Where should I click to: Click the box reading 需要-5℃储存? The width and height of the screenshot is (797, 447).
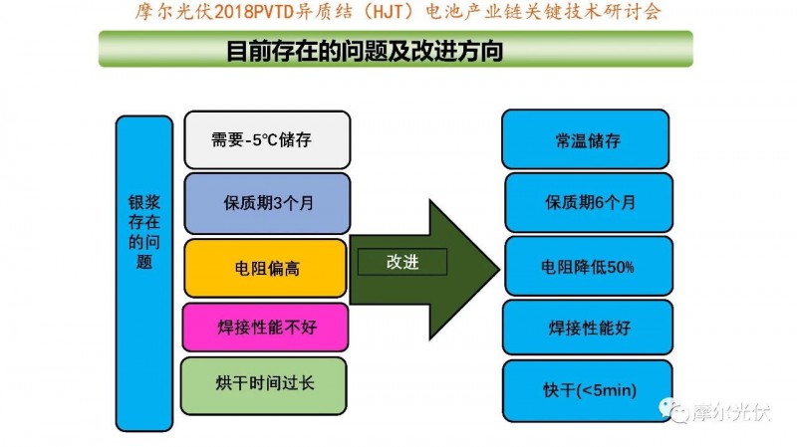pyautogui.click(x=266, y=139)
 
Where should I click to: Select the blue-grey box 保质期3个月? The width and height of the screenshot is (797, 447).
pyautogui.click(x=266, y=203)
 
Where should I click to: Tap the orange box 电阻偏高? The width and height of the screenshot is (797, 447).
pyautogui.click(x=266, y=268)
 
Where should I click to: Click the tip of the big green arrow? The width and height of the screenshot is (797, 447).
pyautogui.click(x=495, y=267)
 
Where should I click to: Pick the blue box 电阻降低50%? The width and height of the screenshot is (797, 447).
pyautogui.click(x=588, y=267)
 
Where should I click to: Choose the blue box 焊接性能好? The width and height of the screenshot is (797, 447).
pyautogui.click(x=588, y=327)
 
